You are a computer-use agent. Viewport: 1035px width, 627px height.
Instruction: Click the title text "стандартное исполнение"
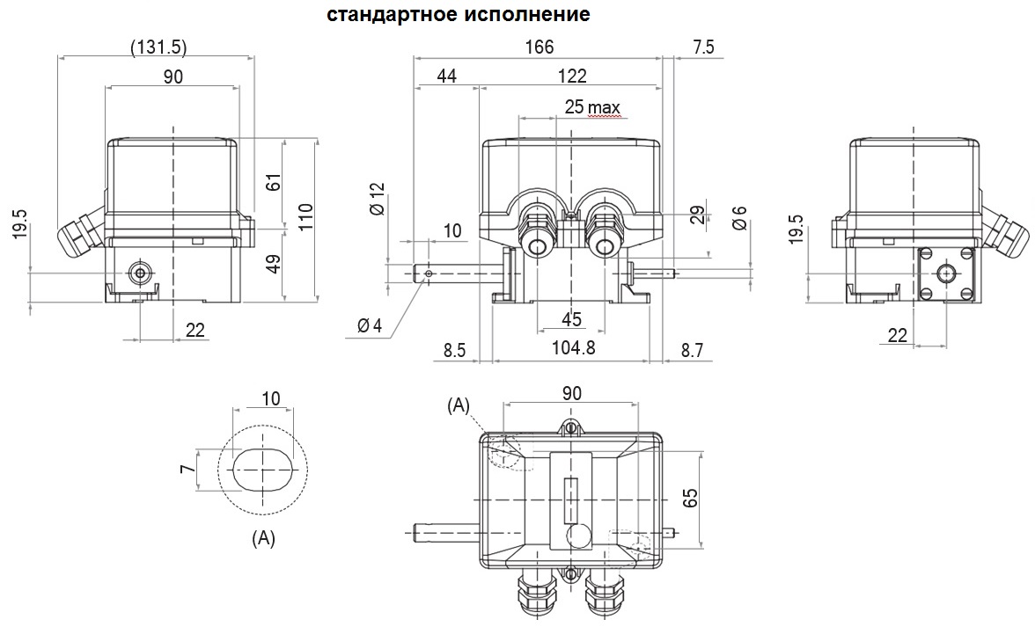coord(458,14)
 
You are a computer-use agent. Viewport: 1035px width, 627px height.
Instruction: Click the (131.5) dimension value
coord(159,47)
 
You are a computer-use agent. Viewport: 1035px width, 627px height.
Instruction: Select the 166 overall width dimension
coord(540,47)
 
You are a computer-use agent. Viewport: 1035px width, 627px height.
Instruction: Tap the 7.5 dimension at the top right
coord(704,47)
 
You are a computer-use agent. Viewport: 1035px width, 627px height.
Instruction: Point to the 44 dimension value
coord(447,76)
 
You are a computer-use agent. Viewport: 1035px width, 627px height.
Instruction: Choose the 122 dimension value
coord(572,76)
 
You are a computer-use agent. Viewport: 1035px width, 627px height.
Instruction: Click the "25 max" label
coord(592,106)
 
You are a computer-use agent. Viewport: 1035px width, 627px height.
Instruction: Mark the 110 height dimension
coord(305,216)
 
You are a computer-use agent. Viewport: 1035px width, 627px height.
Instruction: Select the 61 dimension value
coord(274,182)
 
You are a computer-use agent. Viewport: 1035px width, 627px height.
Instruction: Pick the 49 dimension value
coord(273,262)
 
